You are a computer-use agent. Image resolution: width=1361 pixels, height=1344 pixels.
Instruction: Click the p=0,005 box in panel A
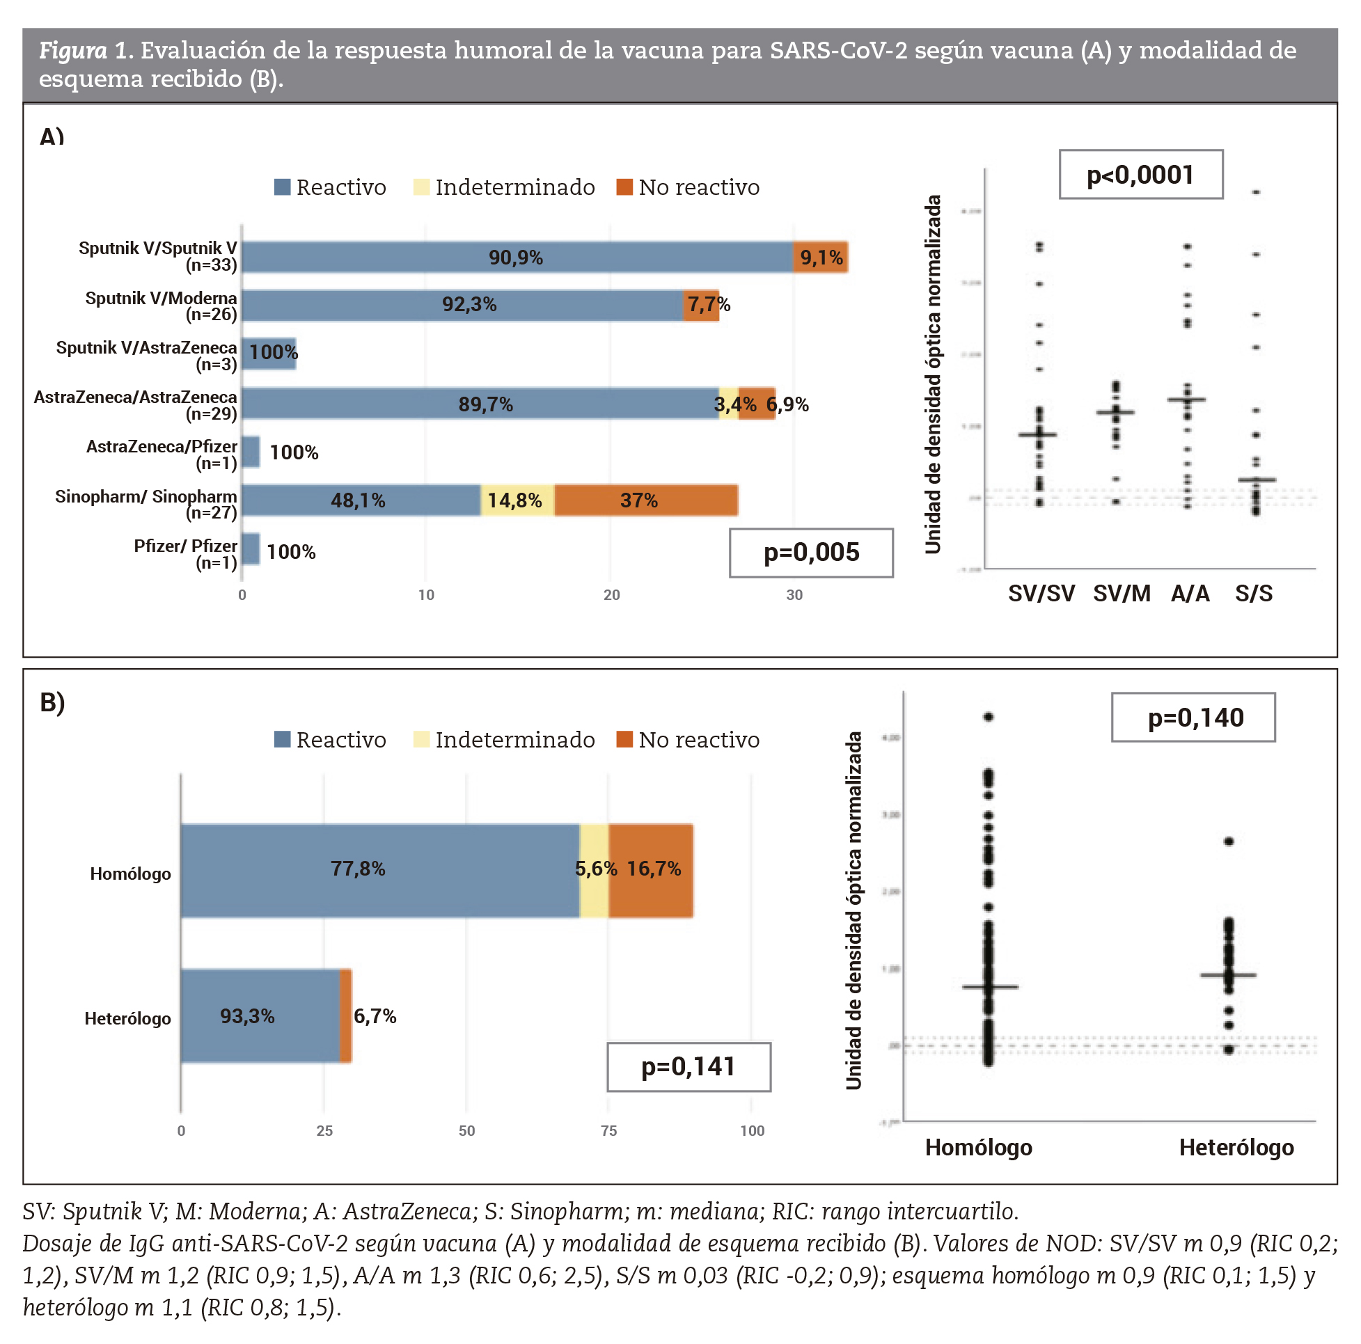(811, 552)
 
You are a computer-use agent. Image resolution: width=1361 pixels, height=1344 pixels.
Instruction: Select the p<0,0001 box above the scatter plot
(1140, 175)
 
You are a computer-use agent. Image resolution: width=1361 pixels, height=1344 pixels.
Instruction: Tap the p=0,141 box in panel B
(689, 1066)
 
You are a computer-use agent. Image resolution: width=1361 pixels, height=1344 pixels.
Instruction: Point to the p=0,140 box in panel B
(1193, 717)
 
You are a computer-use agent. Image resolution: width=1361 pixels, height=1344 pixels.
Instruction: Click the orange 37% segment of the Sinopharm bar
(645, 500)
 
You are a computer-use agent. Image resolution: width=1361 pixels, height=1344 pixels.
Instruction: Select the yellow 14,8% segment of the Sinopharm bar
(517, 500)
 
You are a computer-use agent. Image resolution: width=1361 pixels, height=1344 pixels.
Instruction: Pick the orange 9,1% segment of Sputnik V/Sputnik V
(820, 257)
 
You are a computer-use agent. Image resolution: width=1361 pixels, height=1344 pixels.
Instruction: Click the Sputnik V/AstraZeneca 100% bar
(269, 352)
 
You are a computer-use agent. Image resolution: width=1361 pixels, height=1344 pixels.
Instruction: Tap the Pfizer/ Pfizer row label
(186, 553)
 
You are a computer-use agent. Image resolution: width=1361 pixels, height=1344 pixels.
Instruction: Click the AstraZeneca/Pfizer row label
(162, 454)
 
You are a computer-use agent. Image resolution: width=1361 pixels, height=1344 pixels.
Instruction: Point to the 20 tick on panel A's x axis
(611, 595)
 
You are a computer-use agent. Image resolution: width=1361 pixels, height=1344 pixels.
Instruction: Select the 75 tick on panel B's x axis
(608, 1130)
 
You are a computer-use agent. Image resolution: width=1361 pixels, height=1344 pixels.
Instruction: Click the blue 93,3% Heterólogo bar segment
(259, 1015)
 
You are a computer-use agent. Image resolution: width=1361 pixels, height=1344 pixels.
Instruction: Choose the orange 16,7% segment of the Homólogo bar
(651, 870)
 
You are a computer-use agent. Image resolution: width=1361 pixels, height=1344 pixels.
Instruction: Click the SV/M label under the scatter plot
(1122, 594)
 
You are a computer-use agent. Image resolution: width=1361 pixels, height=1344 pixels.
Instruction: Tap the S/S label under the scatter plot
(1253, 594)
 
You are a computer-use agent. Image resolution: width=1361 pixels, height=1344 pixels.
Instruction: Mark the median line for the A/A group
(1186, 400)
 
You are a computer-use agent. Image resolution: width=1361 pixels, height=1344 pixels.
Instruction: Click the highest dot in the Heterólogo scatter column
(1229, 841)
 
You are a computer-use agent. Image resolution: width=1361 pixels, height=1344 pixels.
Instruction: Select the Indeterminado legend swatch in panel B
(421, 740)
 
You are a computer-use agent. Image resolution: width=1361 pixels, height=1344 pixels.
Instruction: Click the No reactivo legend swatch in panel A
(624, 187)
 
